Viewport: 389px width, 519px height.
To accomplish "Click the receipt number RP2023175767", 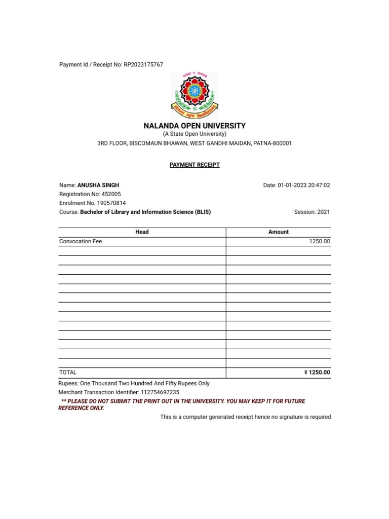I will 143,65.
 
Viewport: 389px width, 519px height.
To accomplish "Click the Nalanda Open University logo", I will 194,95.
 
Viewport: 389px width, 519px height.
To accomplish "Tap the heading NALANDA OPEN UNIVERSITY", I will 194,126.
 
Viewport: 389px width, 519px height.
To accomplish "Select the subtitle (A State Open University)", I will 194,134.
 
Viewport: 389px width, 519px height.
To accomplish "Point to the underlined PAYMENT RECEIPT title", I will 194,165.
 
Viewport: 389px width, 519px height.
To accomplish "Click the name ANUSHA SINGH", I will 98,186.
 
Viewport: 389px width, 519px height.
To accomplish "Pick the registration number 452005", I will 111,194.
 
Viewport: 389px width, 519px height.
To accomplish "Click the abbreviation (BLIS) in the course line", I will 202,212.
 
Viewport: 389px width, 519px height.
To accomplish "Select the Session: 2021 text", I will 312,212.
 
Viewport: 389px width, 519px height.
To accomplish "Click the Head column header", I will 142,232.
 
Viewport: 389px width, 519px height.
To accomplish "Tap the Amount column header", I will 278,232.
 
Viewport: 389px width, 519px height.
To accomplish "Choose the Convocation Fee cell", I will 81,242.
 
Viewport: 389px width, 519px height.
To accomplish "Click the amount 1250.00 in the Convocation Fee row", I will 320,242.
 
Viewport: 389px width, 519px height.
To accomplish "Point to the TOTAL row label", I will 68,373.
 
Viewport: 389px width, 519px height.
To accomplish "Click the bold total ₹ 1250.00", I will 317,373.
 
